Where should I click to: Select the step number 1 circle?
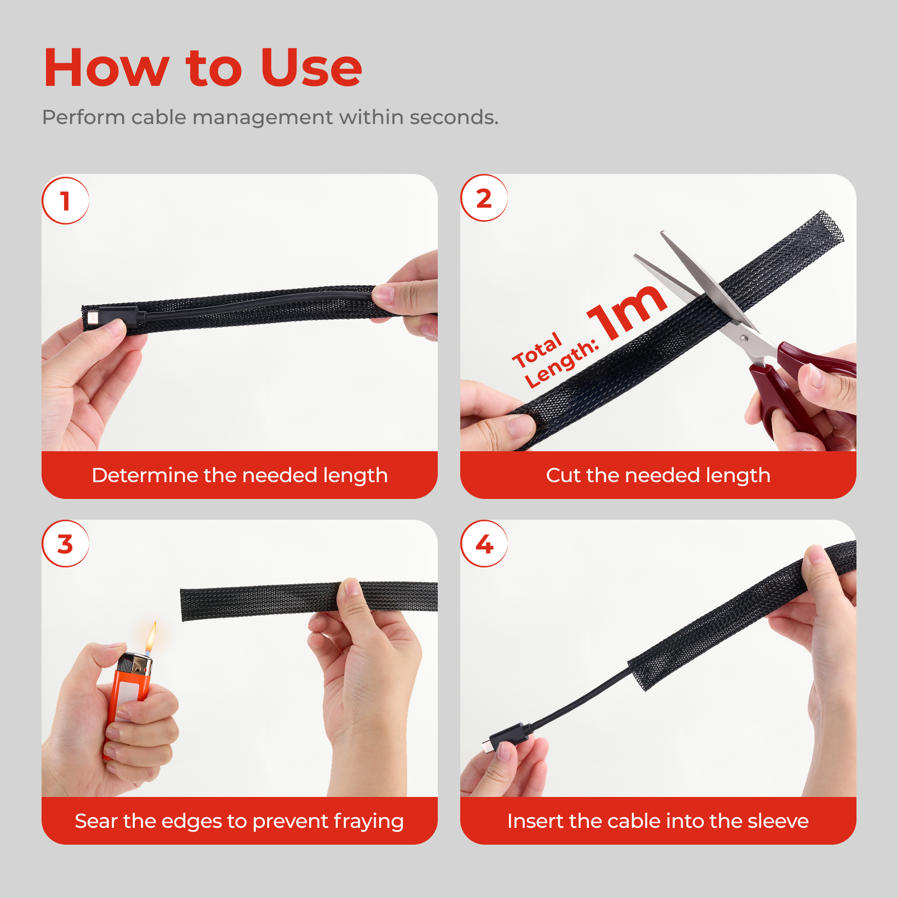pyautogui.click(x=66, y=201)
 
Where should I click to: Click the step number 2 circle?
pyautogui.click(x=484, y=198)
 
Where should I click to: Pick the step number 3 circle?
pyautogui.click(x=66, y=544)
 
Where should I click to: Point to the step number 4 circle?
pyautogui.click(x=484, y=544)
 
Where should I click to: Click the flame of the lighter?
pyautogui.click(x=151, y=638)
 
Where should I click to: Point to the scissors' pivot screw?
pyautogui.click(x=743, y=338)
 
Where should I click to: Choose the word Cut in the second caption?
pyautogui.click(x=563, y=475)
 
